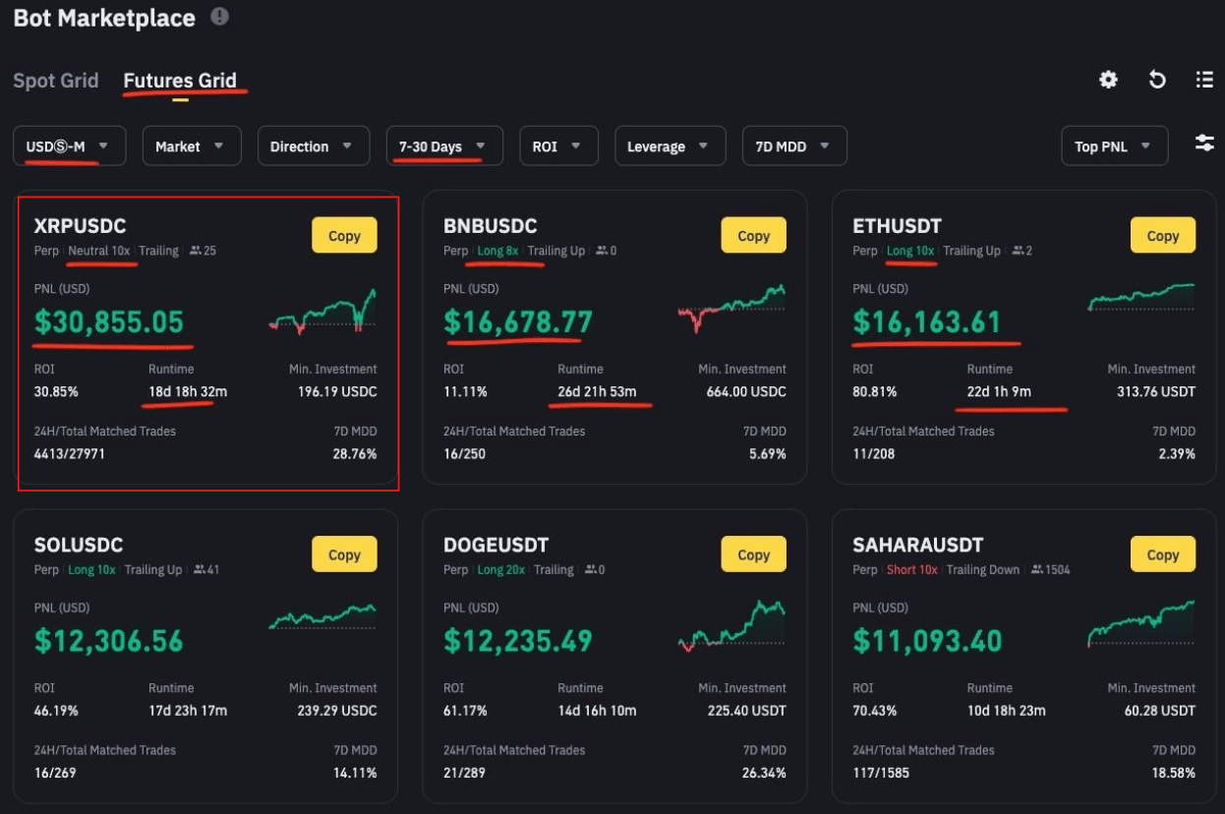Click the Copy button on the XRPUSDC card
tap(344, 236)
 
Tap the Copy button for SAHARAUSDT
tap(1162, 554)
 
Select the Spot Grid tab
tap(56, 81)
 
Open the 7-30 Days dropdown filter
tap(443, 146)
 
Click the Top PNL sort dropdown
tap(1114, 146)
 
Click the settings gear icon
tap(1108, 80)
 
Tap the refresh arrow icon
tap(1157, 80)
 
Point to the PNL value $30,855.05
tap(109, 321)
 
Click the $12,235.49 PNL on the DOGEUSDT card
tap(518, 641)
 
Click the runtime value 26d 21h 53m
tap(597, 391)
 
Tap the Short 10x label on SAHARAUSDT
tap(911, 570)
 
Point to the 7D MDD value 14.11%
tap(356, 773)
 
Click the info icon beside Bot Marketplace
tap(219, 17)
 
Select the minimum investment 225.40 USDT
tap(747, 711)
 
